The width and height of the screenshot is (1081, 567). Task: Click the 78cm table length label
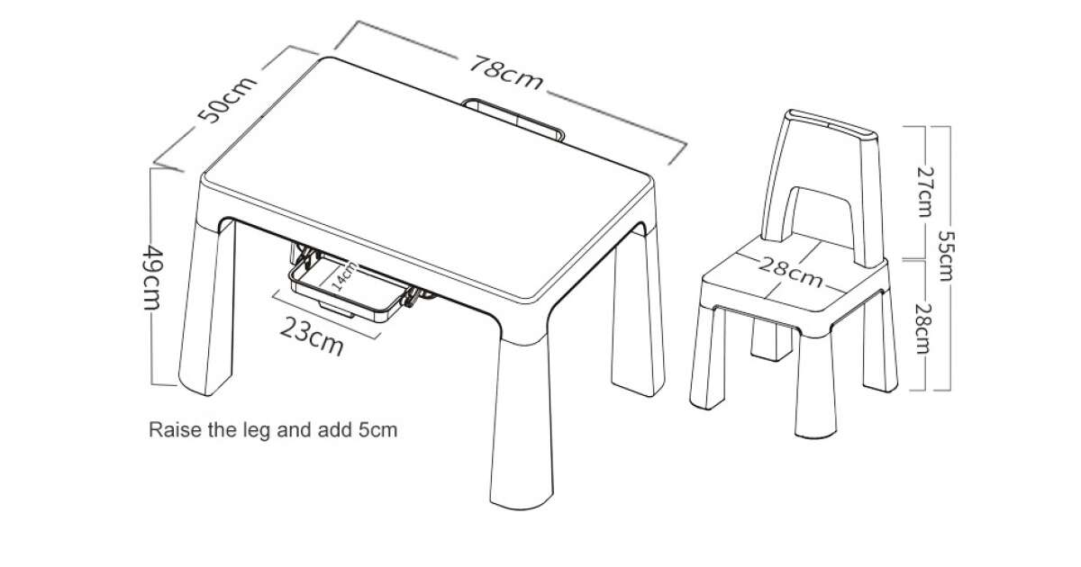click(x=506, y=73)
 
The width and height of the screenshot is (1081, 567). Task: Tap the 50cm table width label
click(x=227, y=100)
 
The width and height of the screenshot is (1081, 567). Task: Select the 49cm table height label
click(x=153, y=278)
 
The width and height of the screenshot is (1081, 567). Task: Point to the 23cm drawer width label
click(x=312, y=336)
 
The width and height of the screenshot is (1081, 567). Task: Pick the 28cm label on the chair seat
click(x=791, y=273)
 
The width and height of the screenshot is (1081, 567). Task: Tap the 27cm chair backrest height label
click(x=925, y=192)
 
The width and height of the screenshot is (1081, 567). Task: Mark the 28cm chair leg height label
click(x=923, y=328)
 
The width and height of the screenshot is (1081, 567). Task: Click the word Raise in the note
click(x=175, y=429)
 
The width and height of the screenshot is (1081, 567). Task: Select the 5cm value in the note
click(x=377, y=429)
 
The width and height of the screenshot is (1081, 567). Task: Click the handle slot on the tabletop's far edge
click(x=513, y=119)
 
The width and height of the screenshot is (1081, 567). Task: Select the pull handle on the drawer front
click(x=336, y=309)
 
